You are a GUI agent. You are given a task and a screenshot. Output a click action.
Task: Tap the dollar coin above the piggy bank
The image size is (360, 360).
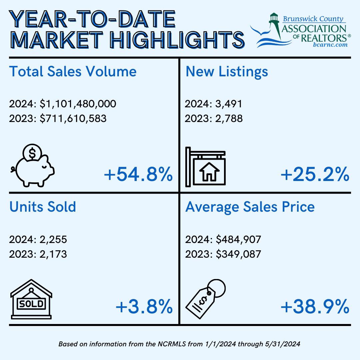click(32, 154)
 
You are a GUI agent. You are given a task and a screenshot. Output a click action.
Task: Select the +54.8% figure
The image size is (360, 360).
click(138, 174)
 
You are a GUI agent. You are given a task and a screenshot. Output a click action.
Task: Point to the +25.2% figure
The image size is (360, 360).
click(315, 174)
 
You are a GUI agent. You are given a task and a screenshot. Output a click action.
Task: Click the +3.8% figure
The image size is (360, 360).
click(144, 307)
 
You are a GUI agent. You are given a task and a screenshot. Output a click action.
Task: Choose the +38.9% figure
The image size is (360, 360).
click(315, 307)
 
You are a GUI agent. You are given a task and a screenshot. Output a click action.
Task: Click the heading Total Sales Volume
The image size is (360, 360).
click(73, 72)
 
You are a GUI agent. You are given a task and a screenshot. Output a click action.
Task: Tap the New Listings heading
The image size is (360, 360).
click(227, 72)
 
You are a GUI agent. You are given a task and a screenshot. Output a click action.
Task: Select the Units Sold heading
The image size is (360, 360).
click(43, 207)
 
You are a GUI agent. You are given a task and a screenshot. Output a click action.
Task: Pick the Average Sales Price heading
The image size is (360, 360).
click(250, 207)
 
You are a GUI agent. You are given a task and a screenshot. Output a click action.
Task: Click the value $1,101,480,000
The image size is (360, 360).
click(78, 104)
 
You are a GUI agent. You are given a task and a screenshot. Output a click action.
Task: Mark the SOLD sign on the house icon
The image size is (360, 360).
click(31, 304)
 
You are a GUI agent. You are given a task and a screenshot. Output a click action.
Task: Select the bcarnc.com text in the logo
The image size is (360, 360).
click(331, 44)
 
